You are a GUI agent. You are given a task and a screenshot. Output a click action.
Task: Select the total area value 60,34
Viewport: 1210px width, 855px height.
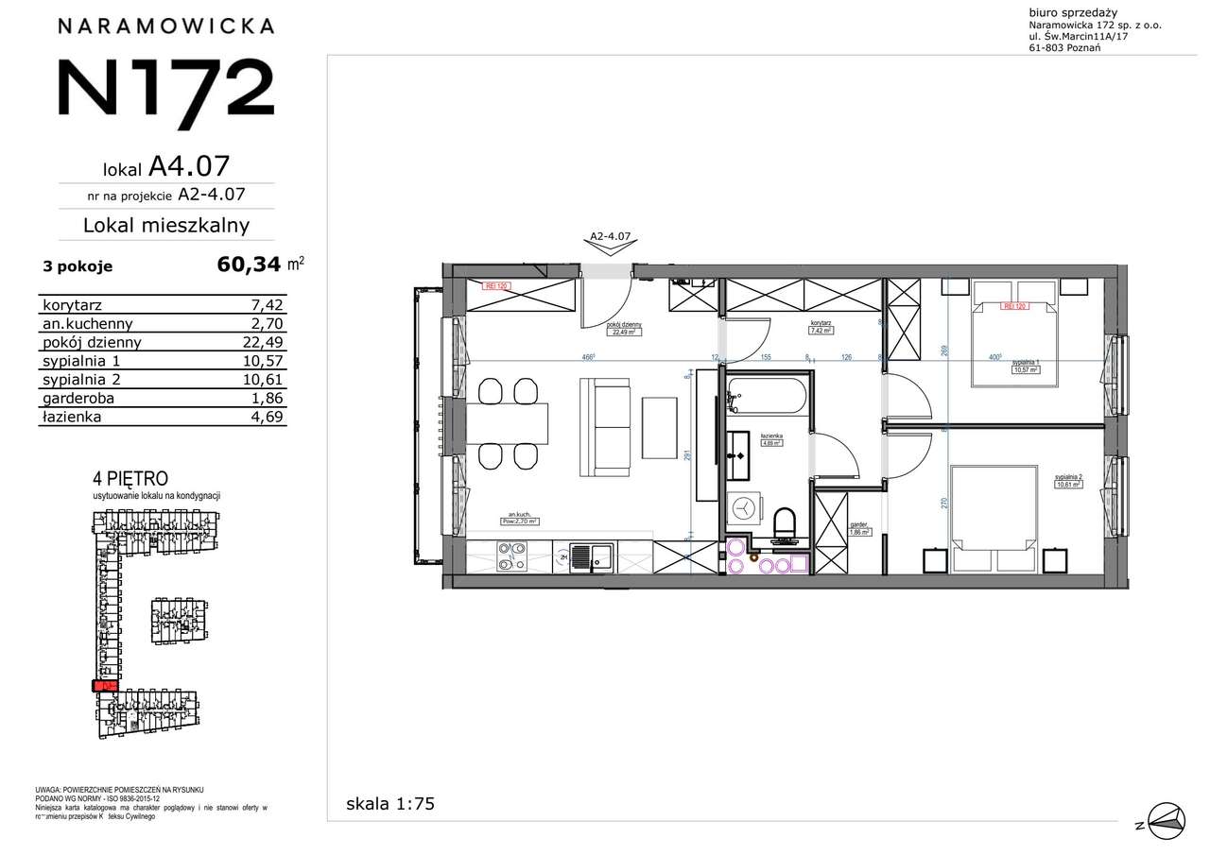point(250,265)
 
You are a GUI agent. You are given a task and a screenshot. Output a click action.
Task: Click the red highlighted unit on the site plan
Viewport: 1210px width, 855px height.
point(103,686)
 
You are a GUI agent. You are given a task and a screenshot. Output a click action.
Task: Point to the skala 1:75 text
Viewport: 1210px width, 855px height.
point(390,805)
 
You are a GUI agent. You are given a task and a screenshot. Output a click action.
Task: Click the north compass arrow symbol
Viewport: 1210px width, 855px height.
point(1164,818)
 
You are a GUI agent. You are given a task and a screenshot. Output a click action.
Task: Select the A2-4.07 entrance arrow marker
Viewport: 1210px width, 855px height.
point(609,244)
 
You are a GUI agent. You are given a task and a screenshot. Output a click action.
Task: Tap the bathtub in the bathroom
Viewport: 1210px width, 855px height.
point(767,396)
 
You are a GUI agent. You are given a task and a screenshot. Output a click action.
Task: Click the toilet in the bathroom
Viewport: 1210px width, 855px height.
point(785,525)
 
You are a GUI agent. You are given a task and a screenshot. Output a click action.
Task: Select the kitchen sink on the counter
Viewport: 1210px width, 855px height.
point(592,556)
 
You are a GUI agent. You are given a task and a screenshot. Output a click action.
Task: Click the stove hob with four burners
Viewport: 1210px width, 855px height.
point(512,556)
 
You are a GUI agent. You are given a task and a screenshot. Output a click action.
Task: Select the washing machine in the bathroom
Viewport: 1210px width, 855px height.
point(747,508)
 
